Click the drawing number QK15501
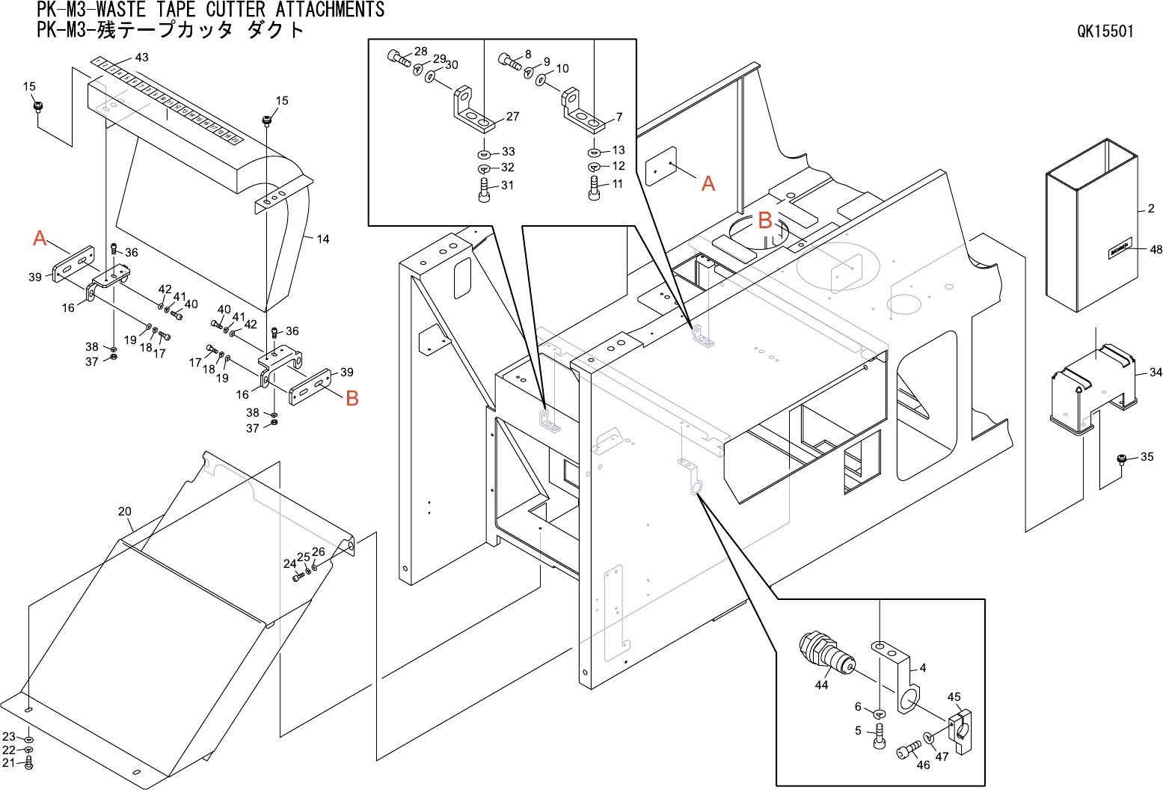click(1105, 31)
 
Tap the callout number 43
click(141, 58)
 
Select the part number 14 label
click(322, 239)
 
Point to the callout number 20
click(124, 512)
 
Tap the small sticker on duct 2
click(1120, 251)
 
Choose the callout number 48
click(1156, 250)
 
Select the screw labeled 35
click(1122, 459)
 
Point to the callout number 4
click(922, 668)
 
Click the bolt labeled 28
click(399, 58)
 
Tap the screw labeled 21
click(29, 764)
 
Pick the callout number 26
click(319, 552)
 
